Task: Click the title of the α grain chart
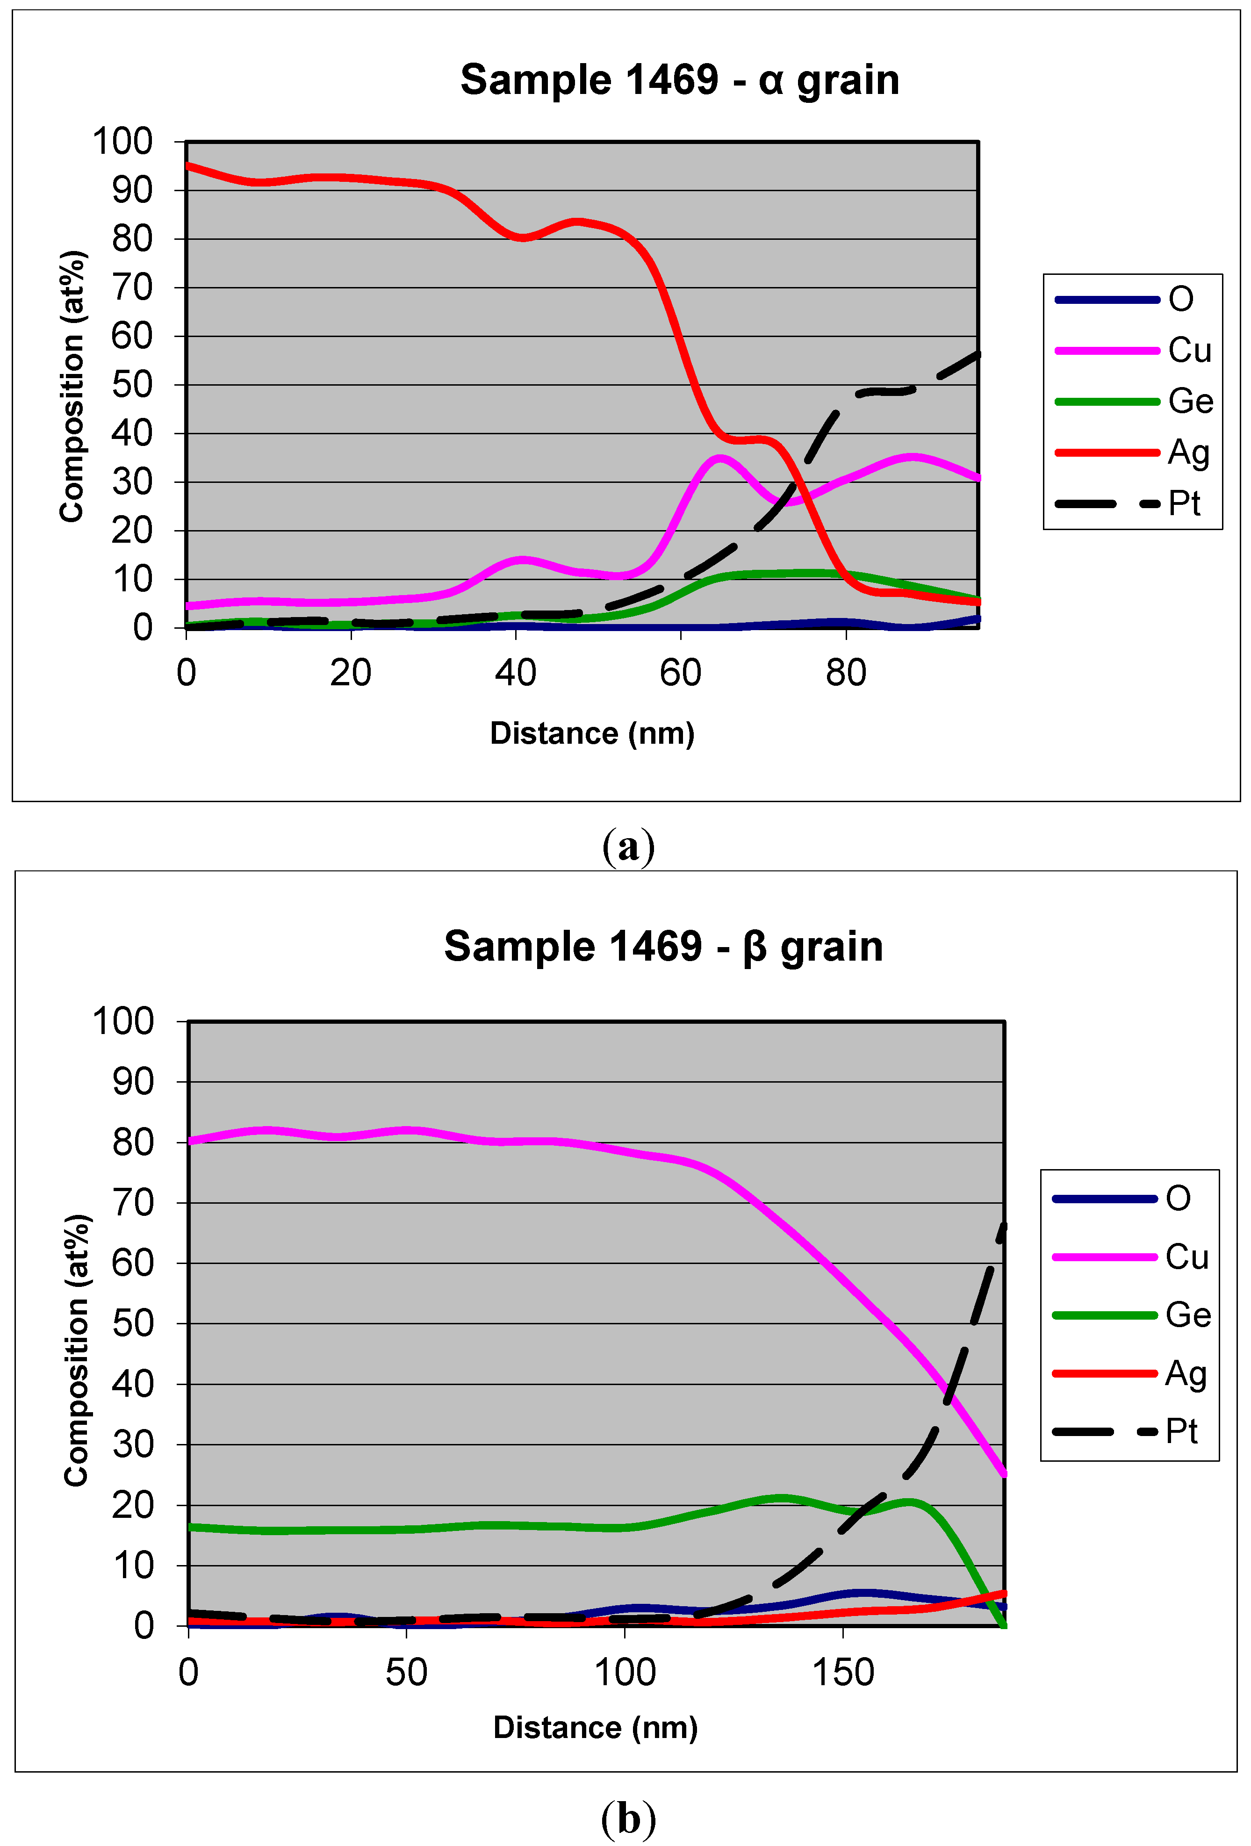679,80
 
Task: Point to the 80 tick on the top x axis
845,673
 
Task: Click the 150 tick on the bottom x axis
843,1672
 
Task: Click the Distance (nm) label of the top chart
592,733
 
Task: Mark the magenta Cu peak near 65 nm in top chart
719,458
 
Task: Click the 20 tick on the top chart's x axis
350,673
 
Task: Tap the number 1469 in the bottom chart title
655,946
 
